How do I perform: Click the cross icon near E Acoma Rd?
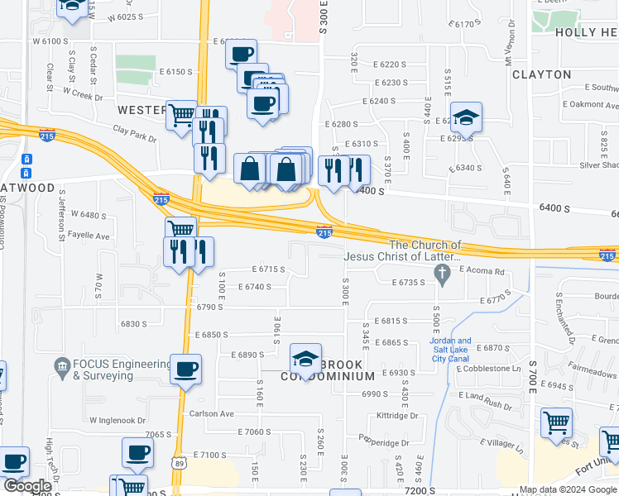click(443, 274)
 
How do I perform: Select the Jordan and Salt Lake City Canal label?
click(450, 350)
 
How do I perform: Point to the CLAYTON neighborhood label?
click(541, 74)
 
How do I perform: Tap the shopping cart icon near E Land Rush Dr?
click(556, 422)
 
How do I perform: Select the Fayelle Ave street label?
click(89, 236)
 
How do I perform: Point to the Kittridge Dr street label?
click(399, 416)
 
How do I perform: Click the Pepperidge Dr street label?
click(384, 443)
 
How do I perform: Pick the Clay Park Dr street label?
click(135, 130)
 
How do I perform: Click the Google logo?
click(26, 486)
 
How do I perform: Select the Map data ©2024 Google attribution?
click(568, 489)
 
